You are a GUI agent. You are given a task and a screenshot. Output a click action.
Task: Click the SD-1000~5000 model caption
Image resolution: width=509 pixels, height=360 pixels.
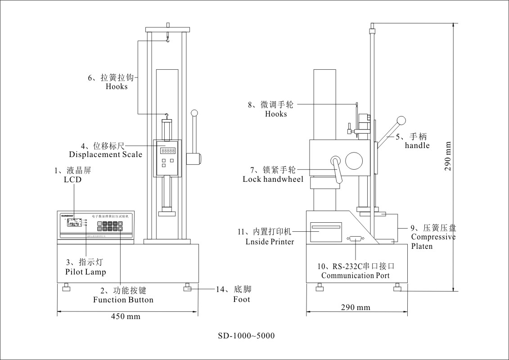246,336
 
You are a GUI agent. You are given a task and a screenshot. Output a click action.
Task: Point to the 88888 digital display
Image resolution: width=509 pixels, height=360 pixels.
168,151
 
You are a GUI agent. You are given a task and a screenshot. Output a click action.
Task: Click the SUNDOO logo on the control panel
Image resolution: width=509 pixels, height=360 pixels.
68,216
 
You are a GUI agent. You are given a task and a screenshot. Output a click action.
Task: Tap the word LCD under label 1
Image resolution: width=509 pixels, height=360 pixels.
72,180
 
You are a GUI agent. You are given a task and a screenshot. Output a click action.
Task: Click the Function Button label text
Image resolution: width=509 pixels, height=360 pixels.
123,300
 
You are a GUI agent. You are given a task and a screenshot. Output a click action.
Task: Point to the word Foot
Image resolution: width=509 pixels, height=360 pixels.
241,299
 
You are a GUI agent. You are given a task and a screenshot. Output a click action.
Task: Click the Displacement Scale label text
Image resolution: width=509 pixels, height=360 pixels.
105,155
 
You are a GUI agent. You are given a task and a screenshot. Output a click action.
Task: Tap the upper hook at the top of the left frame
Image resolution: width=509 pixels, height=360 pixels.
167,40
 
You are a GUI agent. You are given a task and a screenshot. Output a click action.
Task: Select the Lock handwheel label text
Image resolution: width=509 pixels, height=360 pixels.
273,179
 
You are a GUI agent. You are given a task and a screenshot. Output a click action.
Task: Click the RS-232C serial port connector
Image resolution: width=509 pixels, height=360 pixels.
355,239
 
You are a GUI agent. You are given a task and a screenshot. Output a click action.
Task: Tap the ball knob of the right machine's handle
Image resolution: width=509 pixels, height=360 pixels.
401,120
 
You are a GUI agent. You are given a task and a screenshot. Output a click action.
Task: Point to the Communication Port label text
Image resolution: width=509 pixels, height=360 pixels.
355,275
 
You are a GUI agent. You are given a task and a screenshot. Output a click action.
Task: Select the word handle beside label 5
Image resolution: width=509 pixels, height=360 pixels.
417,145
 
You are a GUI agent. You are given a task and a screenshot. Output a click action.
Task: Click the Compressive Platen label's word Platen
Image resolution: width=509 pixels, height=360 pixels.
422,246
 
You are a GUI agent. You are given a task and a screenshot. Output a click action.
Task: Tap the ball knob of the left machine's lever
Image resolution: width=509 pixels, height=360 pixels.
195,113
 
